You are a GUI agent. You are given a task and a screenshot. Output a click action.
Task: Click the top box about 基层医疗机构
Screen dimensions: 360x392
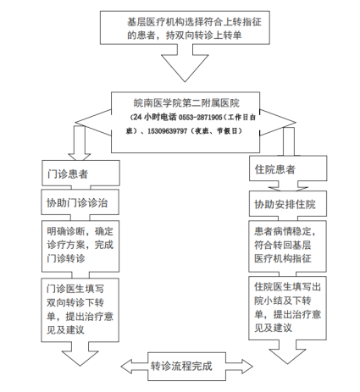(185, 28)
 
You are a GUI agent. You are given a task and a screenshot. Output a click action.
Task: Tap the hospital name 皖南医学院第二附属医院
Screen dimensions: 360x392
(186, 103)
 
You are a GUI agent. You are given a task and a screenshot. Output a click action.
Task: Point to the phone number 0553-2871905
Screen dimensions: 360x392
(201, 117)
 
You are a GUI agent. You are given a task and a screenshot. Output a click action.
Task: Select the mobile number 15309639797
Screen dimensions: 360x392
(167, 131)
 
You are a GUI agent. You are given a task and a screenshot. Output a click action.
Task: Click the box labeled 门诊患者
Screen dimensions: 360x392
(80, 173)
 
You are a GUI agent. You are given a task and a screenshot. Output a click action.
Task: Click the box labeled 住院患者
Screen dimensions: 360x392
(288, 168)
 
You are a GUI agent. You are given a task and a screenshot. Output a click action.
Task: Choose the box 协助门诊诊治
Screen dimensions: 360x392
(80, 202)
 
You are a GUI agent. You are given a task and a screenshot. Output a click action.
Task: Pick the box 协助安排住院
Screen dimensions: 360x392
(288, 204)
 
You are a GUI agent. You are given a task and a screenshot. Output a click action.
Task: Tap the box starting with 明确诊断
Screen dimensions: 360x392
(80, 246)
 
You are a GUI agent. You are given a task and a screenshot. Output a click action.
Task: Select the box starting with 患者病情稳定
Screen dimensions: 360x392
(287, 246)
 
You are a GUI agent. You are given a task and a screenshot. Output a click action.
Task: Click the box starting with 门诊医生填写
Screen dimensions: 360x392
(80, 310)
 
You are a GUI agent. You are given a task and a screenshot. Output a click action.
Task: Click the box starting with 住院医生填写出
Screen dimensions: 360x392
(287, 308)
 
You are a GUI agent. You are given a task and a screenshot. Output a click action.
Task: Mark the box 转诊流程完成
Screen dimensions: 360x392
(186, 367)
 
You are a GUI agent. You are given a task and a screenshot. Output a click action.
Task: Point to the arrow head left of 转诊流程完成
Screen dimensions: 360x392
(134, 367)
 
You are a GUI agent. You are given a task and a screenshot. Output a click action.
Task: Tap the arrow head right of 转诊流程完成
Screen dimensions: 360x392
(239, 367)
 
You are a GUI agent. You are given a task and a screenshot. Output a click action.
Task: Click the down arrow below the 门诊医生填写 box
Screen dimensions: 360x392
(80, 354)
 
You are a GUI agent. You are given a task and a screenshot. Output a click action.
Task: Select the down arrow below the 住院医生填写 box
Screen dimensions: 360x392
(287, 351)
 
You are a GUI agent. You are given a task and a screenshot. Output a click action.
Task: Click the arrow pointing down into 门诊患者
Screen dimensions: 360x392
(80, 143)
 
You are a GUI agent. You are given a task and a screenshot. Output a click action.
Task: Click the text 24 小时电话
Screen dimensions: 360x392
(155, 117)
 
